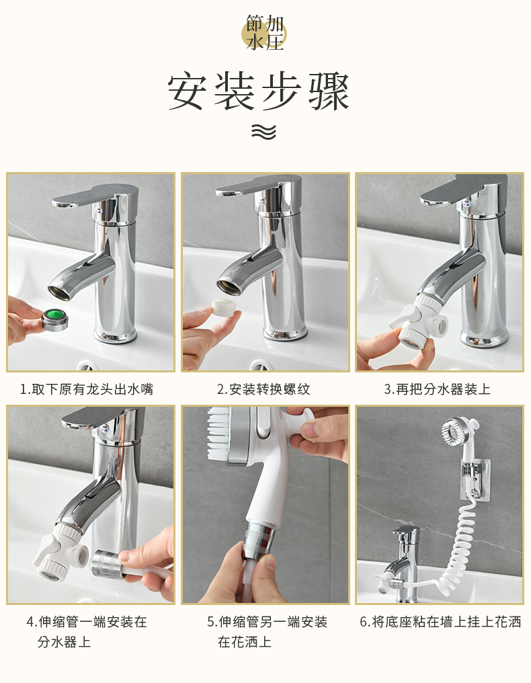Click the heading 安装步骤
tap(259, 92)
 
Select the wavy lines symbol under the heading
tap(263, 132)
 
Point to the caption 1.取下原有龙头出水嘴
tap(87, 389)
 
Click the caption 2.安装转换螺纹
tap(263, 389)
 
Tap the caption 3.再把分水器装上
tap(437, 389)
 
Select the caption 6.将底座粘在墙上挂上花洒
tap(440, 622)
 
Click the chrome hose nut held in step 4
tap(105, 564)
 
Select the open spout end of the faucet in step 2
tap(228, 285)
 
